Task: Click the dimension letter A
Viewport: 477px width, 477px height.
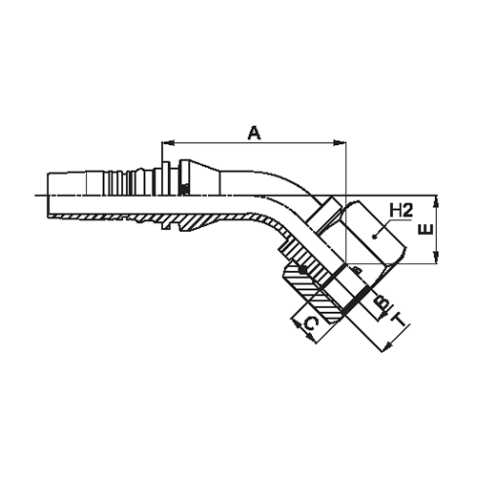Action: [255, 133]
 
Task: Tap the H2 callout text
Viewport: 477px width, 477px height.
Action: [401, 211]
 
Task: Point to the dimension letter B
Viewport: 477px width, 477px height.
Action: [382, 301]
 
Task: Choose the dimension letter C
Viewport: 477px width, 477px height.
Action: [311, 324]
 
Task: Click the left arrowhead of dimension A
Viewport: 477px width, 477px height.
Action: [168, 143]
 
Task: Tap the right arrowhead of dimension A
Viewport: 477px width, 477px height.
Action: [340, 143]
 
